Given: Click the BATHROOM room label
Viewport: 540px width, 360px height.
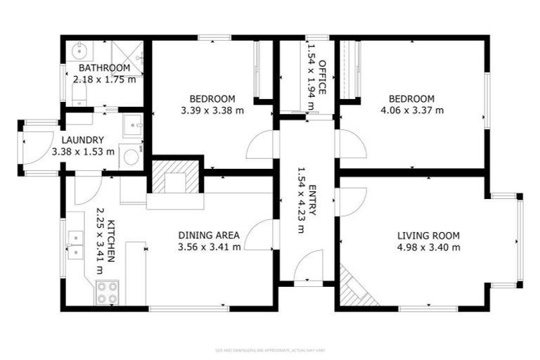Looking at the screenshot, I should [104, 68].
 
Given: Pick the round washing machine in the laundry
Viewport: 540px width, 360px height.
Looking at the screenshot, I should [131, 157].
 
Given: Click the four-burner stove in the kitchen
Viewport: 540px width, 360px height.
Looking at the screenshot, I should [106, 292].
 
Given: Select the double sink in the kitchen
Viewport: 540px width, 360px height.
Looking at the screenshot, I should [75, 243].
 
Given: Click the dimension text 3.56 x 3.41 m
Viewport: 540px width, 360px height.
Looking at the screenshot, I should [209, 247].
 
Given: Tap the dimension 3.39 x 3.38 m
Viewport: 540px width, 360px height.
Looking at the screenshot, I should [212, 110].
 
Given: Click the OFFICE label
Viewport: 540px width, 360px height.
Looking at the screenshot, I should [323, 77].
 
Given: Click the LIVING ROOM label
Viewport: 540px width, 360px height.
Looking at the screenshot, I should [428, 236].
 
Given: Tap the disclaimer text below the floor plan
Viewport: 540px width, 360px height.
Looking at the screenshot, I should [270, 349].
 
